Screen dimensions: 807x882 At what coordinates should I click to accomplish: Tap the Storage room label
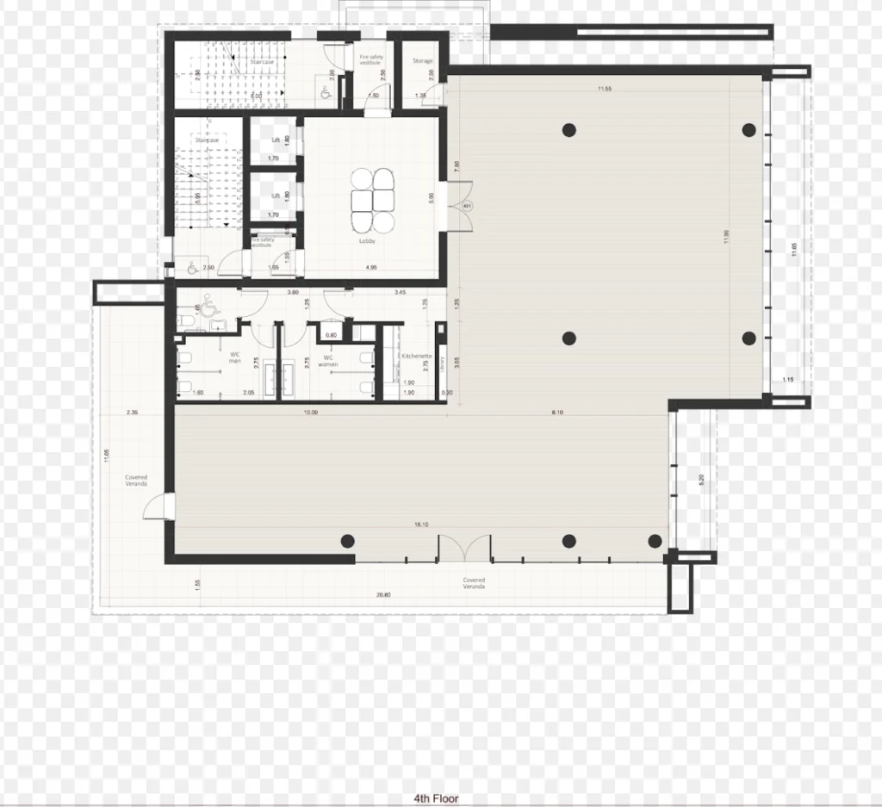[422, 61]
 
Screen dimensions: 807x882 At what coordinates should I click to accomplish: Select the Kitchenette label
[415, 355]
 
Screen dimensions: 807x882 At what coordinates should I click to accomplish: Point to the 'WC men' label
[234, 357]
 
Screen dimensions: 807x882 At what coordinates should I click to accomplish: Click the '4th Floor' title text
[438, 798]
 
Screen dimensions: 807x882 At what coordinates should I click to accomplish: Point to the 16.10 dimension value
[422, 524]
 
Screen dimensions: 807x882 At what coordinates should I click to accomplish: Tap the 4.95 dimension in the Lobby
[371, 268]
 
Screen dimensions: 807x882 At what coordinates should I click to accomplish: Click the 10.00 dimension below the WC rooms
[310, 413]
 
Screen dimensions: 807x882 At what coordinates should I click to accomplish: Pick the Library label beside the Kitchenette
[441, 362]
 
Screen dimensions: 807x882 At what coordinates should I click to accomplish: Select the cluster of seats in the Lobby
[373, 200]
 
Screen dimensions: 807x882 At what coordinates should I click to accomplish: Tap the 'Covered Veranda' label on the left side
[135, 481]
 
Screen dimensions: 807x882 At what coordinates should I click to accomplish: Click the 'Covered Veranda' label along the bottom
[473, 583]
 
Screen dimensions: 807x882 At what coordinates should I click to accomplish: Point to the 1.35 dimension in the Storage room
[421, 96]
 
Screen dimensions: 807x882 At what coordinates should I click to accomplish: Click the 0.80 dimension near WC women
[331, 335]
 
